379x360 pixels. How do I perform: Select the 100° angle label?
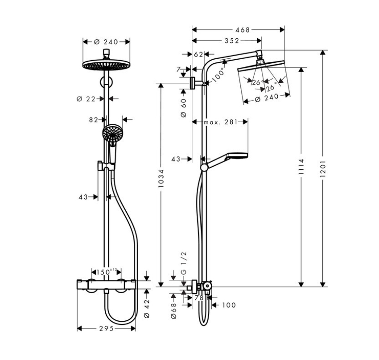point(219,75)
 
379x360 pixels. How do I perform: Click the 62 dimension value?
point(198,54)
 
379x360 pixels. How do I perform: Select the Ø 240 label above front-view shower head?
point(106,42)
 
